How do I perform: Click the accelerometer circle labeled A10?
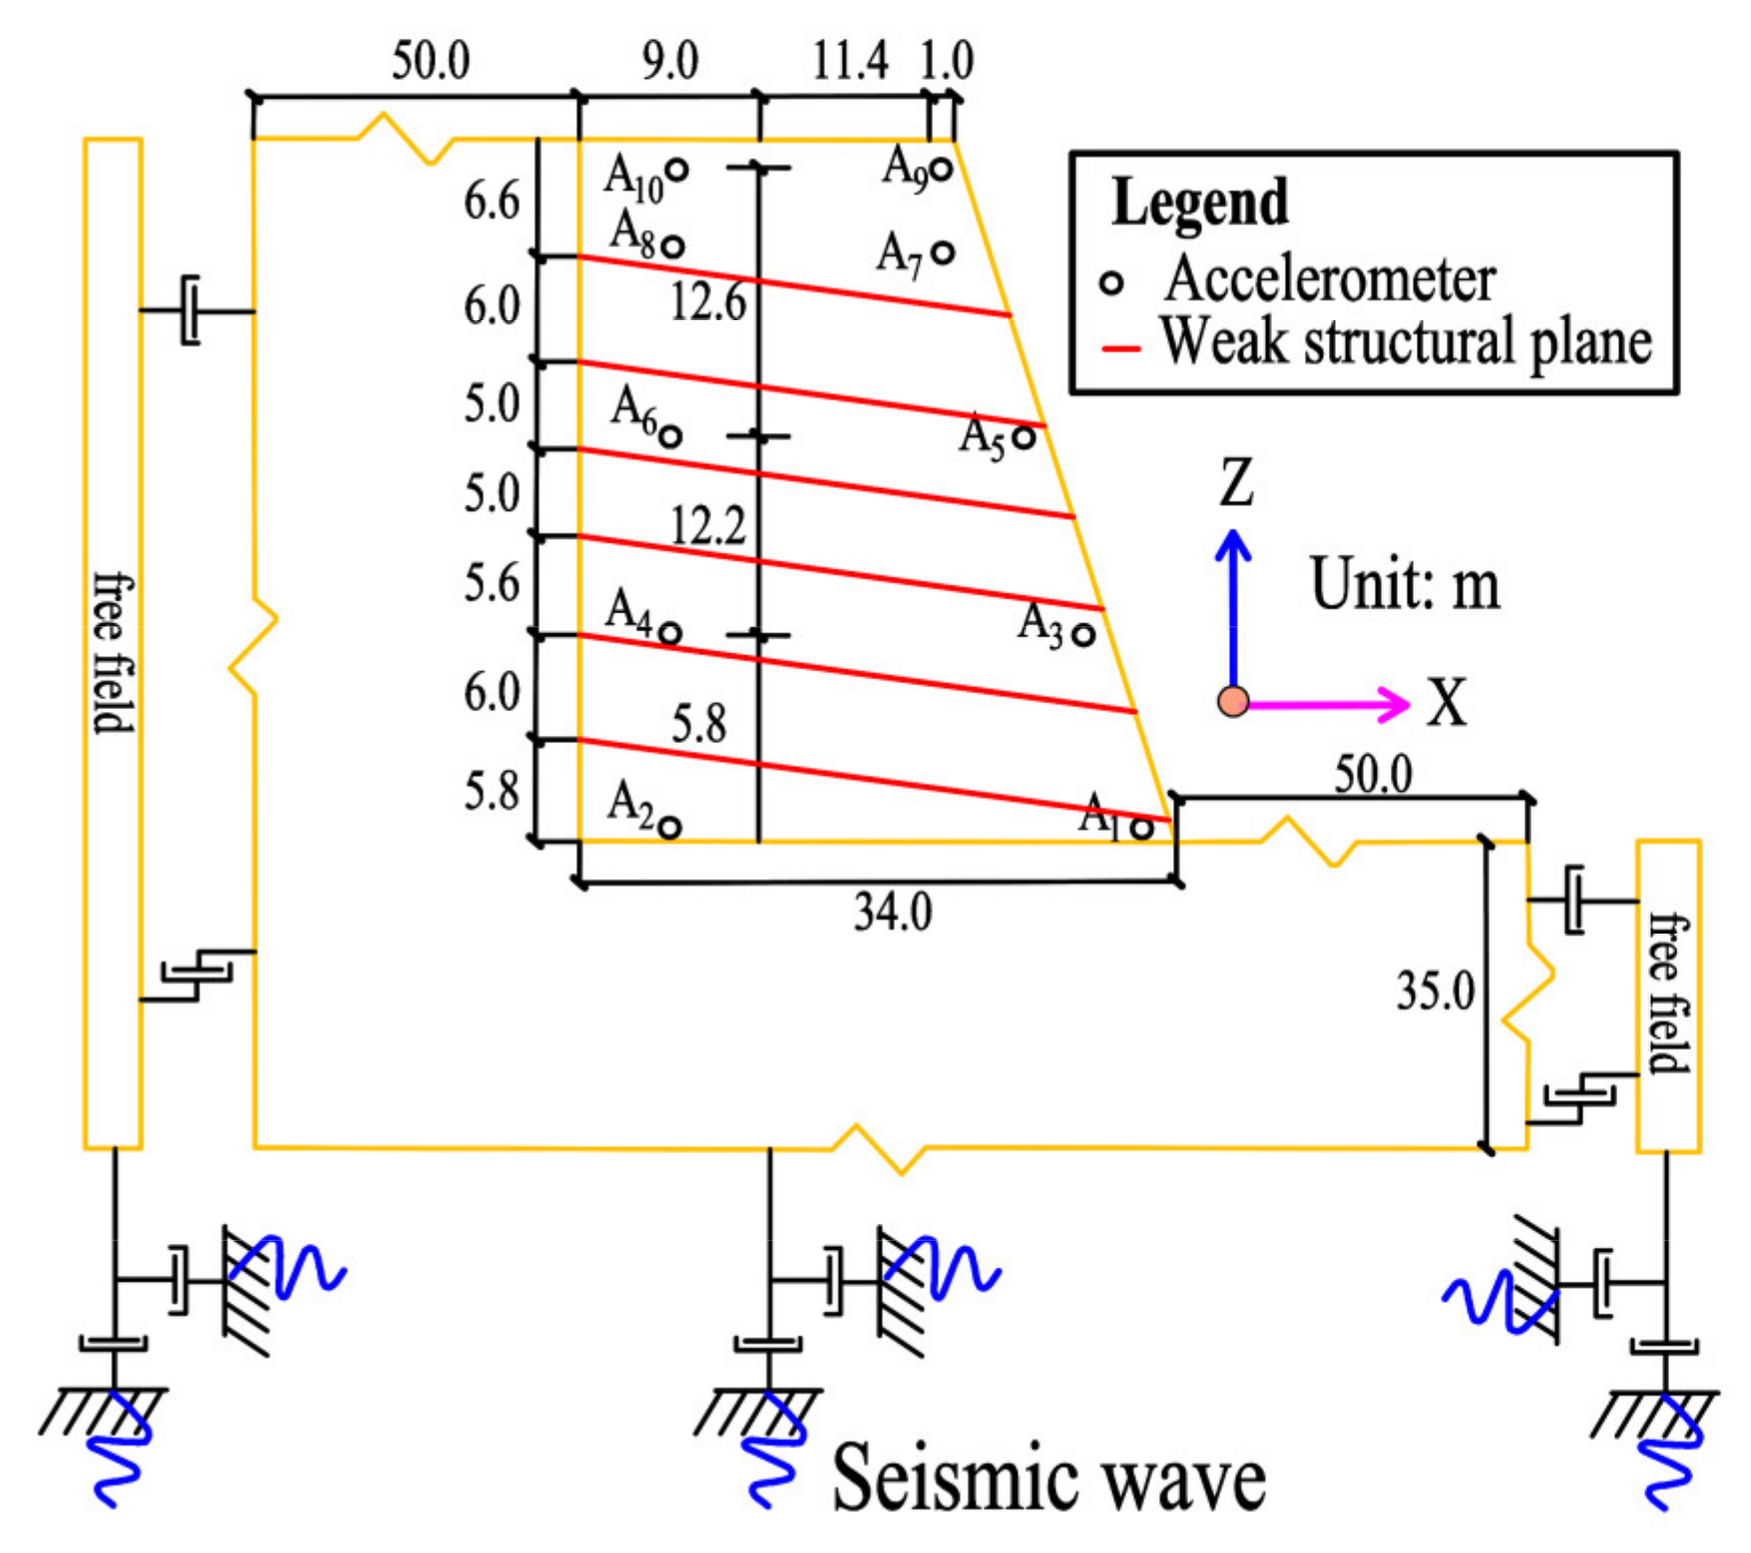pos(676,171)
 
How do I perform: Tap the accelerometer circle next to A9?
pos(940,170)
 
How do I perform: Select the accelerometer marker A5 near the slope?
pos(1024,437)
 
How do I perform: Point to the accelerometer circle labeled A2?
pos(670,827)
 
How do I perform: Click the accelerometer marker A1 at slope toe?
pos(1143,828)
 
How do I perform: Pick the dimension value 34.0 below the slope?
pos(893,912)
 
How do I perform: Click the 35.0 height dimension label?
pos(1435,991)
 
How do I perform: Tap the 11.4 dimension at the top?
pos(849,62)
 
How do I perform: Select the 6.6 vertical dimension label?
pos(491,202)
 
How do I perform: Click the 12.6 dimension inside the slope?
pos(707,301)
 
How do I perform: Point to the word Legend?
pos(1200,202)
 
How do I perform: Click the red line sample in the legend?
pos(1120,349)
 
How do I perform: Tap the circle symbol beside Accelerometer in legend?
pos(1111,283)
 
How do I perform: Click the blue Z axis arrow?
pos(1233,598)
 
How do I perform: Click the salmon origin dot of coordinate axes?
pos(1234,702)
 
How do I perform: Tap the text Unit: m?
pos(1405,584)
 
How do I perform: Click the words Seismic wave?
pos(1049,1479)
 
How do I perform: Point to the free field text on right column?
pos(1667,993)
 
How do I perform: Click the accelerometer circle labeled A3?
pos(1085,633)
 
